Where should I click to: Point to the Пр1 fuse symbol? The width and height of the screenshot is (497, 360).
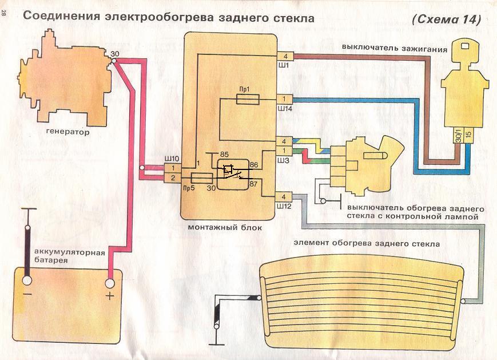[248, 100]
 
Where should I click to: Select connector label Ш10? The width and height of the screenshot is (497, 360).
[172, 157]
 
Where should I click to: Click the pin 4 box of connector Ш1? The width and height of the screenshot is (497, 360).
[285, 56]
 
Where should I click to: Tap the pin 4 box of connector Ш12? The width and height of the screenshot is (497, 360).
[284, 196]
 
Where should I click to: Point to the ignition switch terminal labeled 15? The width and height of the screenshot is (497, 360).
[468, 135]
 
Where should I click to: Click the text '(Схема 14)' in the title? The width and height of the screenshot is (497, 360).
[446, 19]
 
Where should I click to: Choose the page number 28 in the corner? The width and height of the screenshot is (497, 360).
[5, 15]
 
